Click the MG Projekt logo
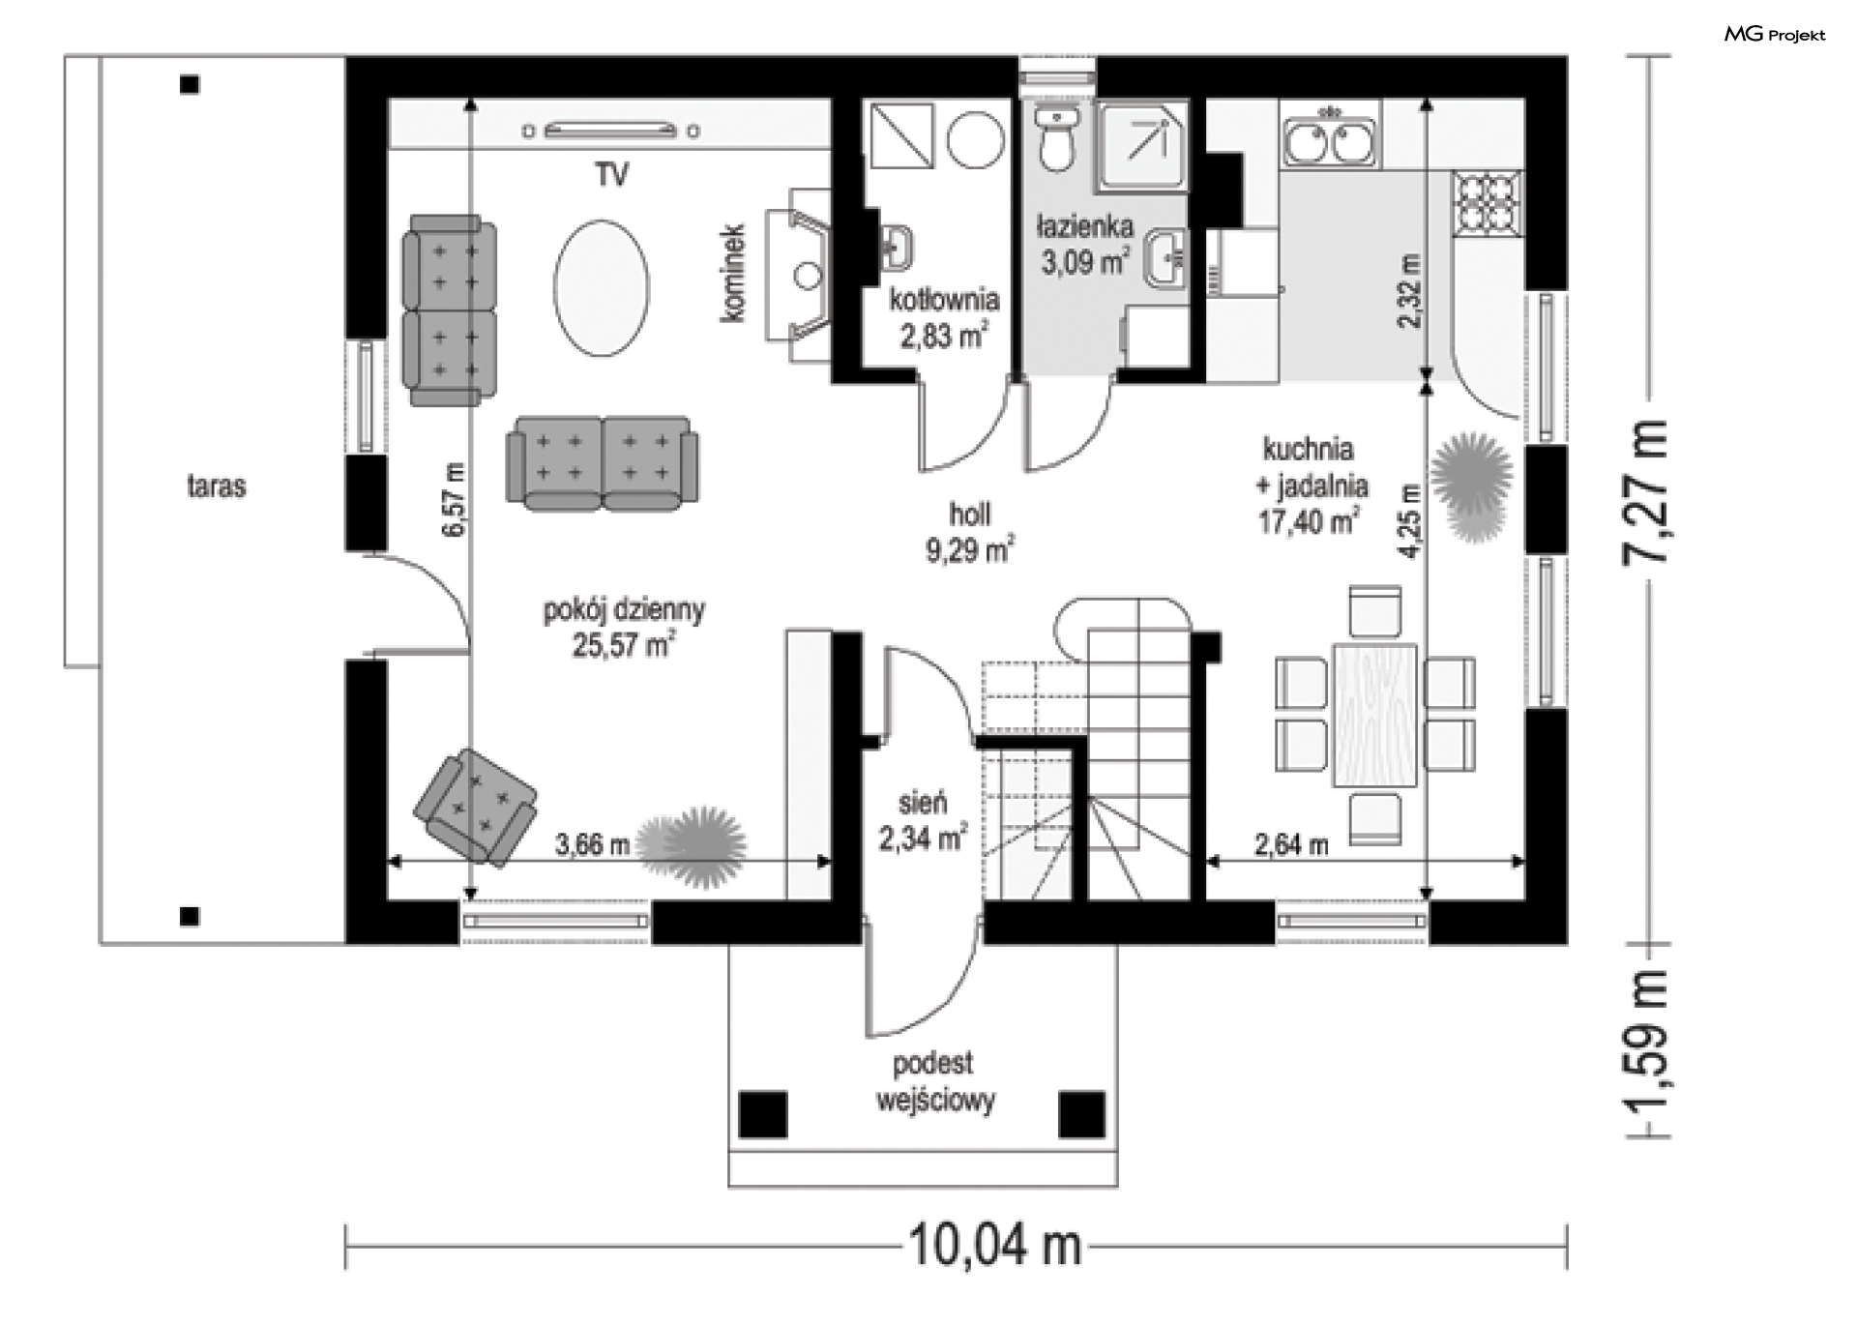1775,35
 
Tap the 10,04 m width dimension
995,1246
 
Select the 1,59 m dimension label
1646,1053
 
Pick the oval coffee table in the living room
602,288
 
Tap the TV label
612,175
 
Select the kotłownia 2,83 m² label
944,318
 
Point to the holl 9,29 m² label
970,532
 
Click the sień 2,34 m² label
923,821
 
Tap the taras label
217,486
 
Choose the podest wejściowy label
934,1082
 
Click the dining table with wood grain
1374,715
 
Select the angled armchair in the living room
475,807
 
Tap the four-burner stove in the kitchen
1487,203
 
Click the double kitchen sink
1330,141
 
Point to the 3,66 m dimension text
592,844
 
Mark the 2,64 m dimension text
1291,845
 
